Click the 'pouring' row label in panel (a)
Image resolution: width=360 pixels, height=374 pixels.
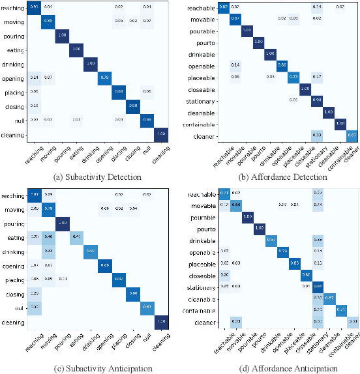click(15, 35)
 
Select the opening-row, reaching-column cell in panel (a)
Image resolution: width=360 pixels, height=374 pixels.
click(35, 78)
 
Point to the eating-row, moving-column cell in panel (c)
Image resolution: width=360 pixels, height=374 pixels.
click(48, 237)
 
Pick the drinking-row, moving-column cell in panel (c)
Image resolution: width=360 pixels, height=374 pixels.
click(48, 251)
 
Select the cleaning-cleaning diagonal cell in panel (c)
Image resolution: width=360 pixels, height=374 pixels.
click(160, 322)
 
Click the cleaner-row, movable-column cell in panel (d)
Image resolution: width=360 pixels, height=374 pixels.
click(237, 321)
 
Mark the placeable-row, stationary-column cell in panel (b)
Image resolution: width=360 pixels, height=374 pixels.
click(317, 76)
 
